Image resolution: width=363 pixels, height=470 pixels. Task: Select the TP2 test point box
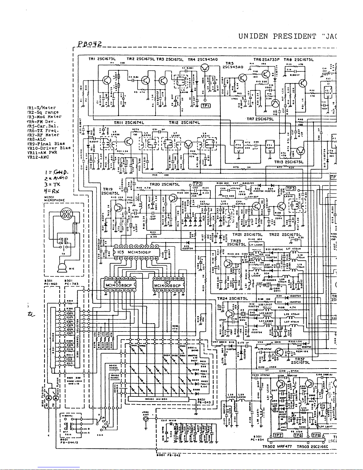(x=197, y=184)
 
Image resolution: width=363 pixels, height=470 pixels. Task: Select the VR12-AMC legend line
(x=38, y=157)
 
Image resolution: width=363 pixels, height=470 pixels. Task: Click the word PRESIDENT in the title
(x=295, y=37)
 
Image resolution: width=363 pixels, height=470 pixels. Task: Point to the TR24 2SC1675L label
(x=232, y=298)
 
